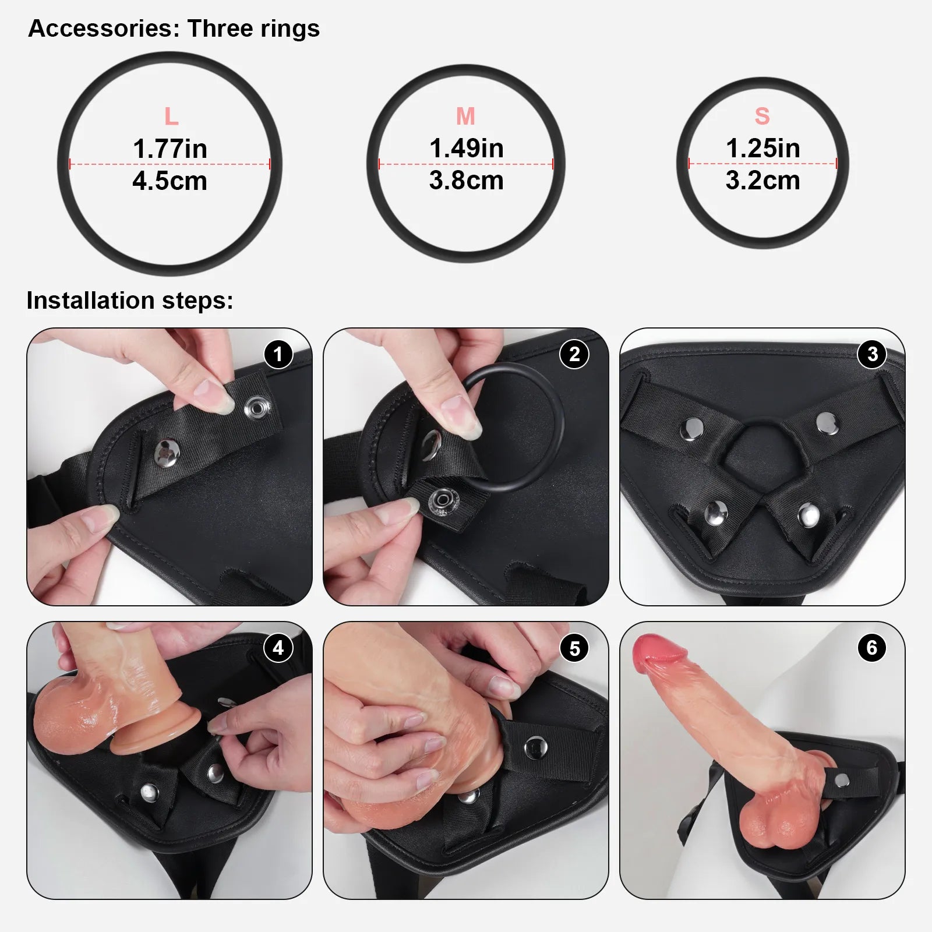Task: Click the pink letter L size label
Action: click(x=171, y=116)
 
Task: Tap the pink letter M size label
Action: click(x=465, y=116)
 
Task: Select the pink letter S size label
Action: click(x=762, y=116)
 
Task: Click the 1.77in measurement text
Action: click(x=170, y=149)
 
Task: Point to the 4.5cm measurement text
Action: click(x=170, y=181)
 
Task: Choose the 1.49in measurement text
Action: click(x=466, y=148)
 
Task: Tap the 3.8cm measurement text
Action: click(x=466, y=181)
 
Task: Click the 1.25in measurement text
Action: click(x=762, y=148)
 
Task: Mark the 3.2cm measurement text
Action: click(x=762, y=181)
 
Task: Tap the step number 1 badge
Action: click(x=278, y=354)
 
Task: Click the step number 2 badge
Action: click(x=574, y=354)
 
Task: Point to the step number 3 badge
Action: click(x=872, y=354)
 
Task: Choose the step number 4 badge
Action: click(x=278, y=648)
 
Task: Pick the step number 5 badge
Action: click(x=574, y=648)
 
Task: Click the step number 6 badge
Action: click(x=872, y=648)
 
